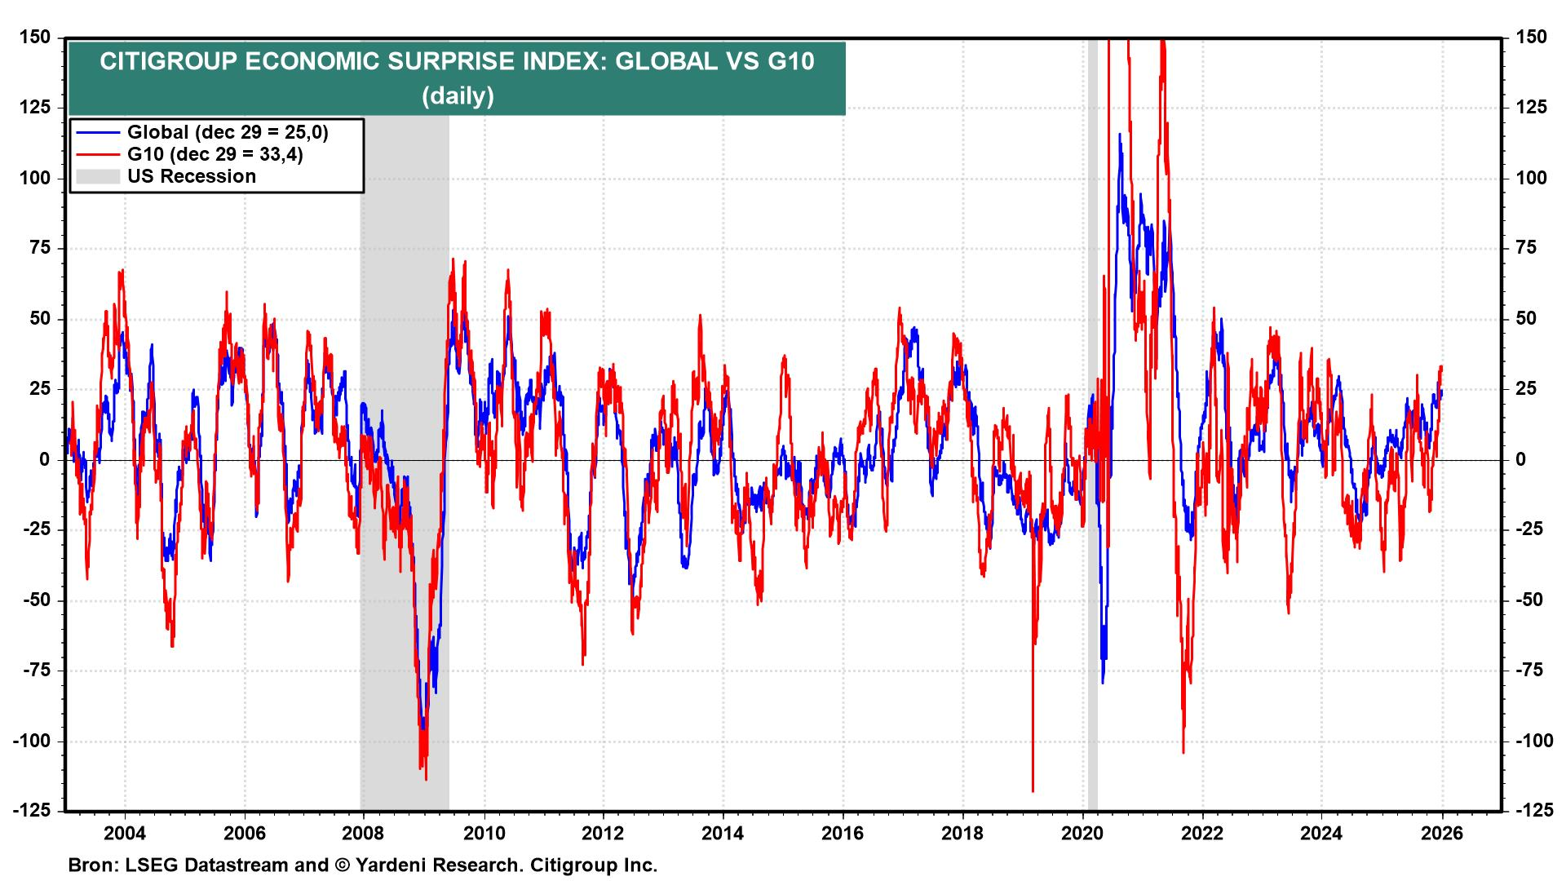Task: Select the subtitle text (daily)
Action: click(x=458, y=96)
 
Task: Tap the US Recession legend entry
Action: click(x=192, y=176)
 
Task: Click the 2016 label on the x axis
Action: click(x=843, y=833)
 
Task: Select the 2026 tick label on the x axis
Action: click(x=1441, y=833)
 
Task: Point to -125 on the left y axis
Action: click(x=31, y=811)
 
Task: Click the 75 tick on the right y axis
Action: click(x=1532, y=248)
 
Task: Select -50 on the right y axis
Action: click(x=1529, y=600)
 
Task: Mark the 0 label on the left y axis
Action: click(x=45, y=460)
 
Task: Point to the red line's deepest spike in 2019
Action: click(x=1033, y=790)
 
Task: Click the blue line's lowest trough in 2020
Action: click(x=1103, y=682)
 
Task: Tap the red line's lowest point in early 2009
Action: click(x=426, y=779)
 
